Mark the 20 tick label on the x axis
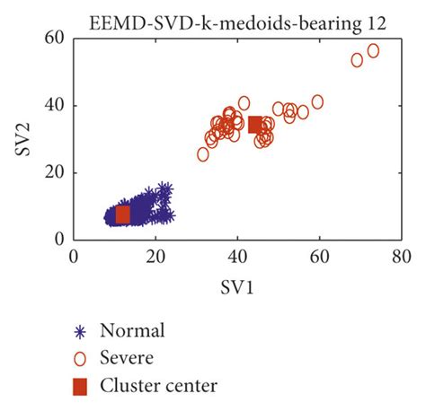155,257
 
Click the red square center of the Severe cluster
255,125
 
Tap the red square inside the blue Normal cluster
123,214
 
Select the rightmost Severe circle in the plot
373,51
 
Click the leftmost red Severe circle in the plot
203,154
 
